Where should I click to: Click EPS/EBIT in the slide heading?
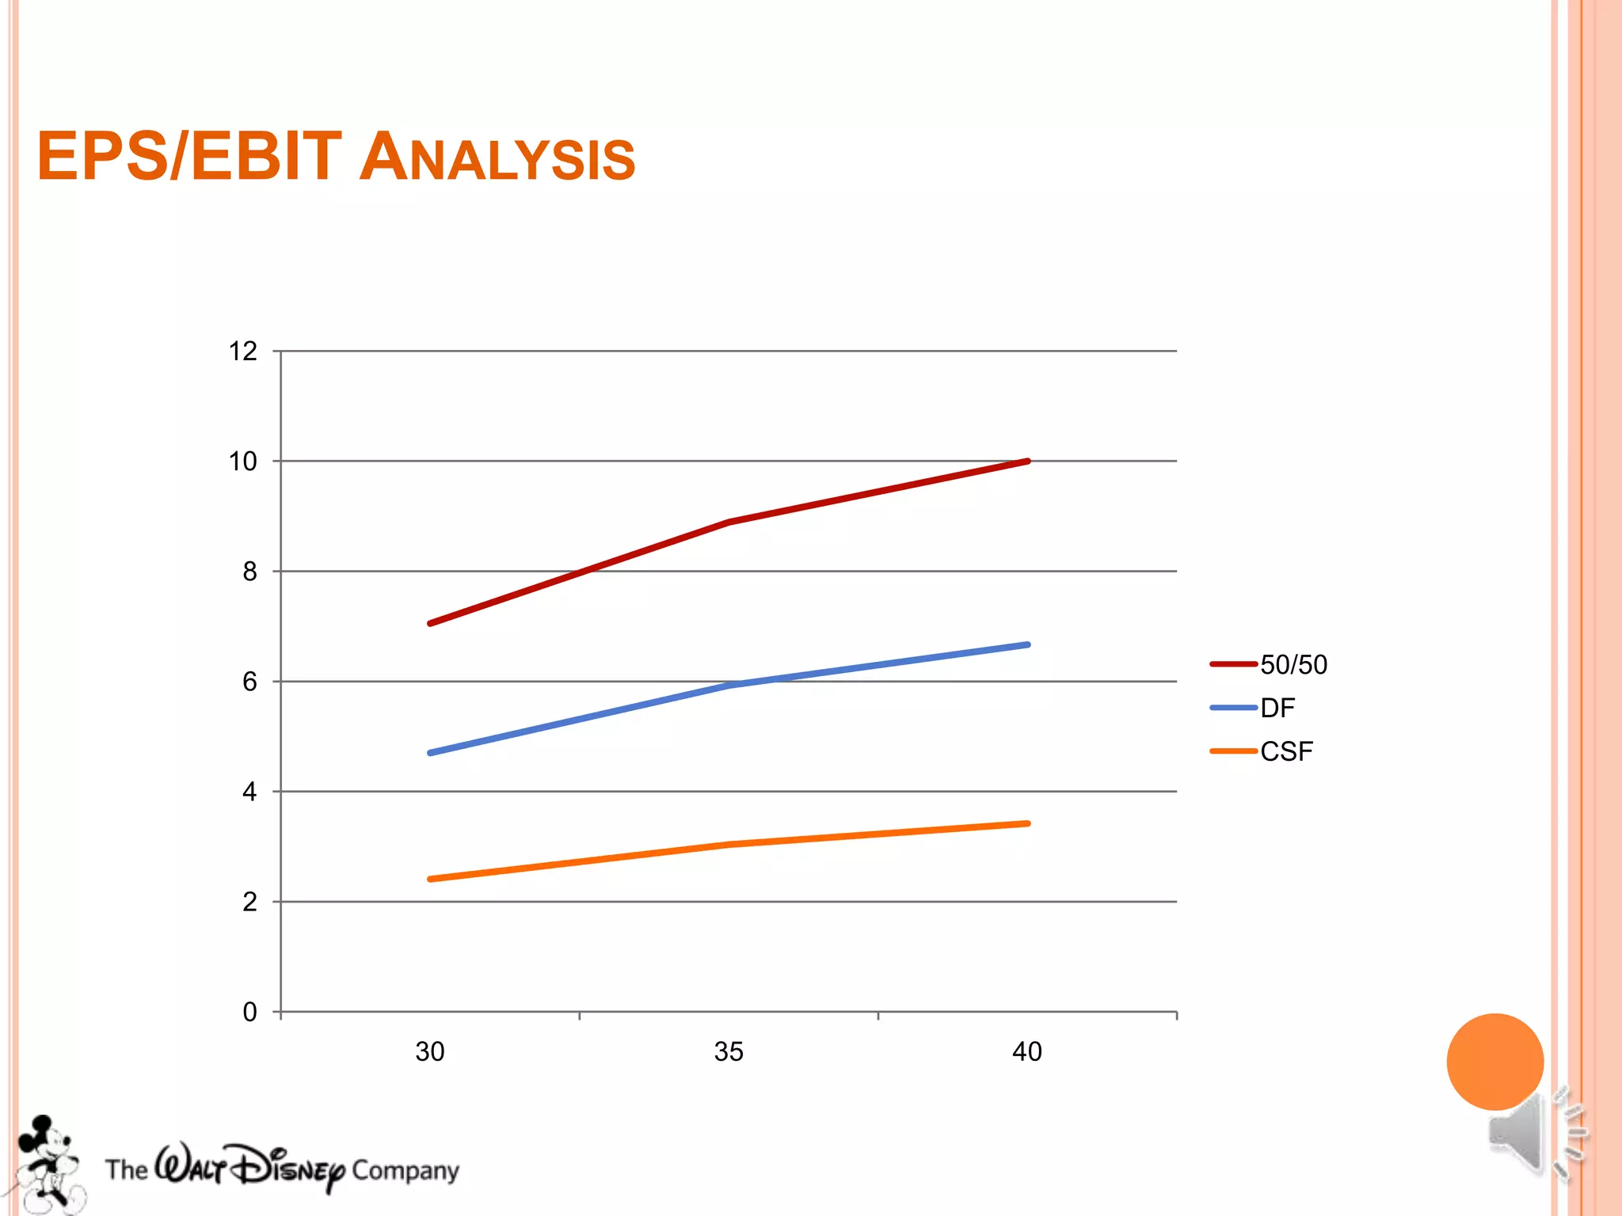pyautogui.click(x=189, y=157)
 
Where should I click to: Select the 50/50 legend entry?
pyautogui.click(x=1293, y=664)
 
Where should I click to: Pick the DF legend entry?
pyautogui.click(x=1277, y=708)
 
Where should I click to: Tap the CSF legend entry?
pyautogui.click(x=1286, y=751)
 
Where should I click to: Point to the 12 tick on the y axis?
pyautogui.click(x=243, y=351)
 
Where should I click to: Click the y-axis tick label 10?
pyautogui.click(x=243, y=462)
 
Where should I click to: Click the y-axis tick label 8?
pyautogui.click(x=249, y=572)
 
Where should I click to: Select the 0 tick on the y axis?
pyautogui.click(x=249, y=1012)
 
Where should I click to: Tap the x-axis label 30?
pyautogui.click(x=430, y=1051)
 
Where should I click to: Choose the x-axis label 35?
pyautogui.click(x=729, y=1051)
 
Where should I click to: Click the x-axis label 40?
pyautogui.click(x=1027, y=1051)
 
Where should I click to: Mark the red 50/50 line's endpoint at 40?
pyautogui.click(x=1027, y=461)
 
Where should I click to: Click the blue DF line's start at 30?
pyautogui.click(x=430, y=753)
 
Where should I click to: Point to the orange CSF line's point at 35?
pyautogui.click(x=729, y=845)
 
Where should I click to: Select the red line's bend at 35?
pyautogui.click(x=729, y=522)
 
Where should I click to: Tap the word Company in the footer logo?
pyautogui.click(x=405, y=1170)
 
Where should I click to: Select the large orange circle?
pyautogui.click(x=1494, y=1061)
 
